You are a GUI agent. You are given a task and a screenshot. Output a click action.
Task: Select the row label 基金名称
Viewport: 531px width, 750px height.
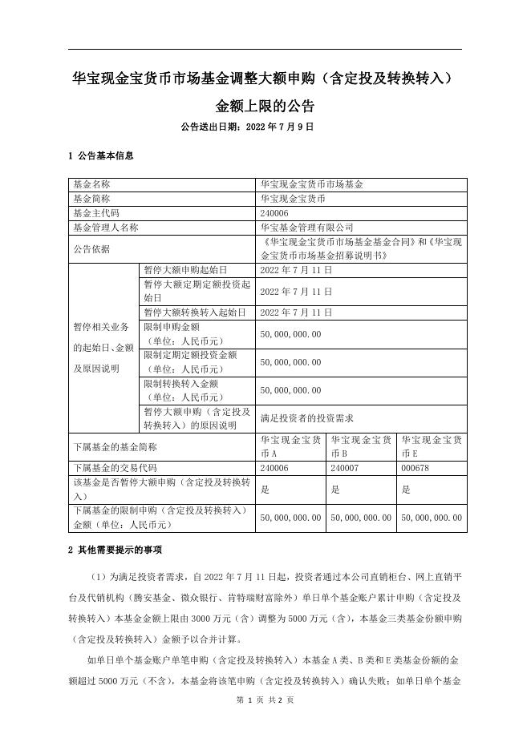[x=91, y=184]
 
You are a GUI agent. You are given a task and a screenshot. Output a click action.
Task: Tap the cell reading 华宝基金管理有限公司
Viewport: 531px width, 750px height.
[x=306, y=228]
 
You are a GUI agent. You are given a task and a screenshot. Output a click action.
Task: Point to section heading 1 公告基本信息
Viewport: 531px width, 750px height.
[x=101, y=155]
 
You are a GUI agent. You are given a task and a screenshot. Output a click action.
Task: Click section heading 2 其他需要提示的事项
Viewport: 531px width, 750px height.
[x=116, y=550]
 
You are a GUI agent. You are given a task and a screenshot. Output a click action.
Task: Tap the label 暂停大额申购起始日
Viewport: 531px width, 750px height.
[x=185, y=270]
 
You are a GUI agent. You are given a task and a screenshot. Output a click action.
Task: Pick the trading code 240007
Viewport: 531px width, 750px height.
[x=345, y=468]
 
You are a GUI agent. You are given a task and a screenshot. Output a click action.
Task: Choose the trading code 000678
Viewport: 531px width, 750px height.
[x=415, y=468]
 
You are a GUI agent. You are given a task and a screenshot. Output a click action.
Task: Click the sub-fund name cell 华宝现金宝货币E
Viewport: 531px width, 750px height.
[x=432, y=446]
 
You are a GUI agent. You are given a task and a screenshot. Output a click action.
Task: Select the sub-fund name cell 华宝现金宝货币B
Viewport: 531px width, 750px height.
[x=361, y=446]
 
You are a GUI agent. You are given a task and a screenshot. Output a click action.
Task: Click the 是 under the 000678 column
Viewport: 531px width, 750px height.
[x=406, y=490]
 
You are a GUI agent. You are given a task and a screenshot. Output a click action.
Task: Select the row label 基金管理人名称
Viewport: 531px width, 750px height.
[x=105, y=228]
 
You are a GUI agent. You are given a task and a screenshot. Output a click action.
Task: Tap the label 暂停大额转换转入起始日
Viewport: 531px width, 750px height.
[x=195, y=312]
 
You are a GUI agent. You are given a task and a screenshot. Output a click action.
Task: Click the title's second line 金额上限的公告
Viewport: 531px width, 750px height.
[x=265, y=106]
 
